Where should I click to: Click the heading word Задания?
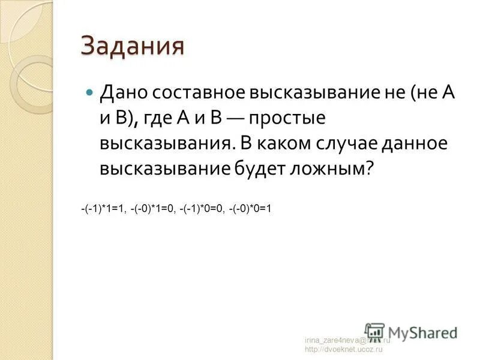[x=131, y=47]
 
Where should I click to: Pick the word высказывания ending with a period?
[x=167, y=144]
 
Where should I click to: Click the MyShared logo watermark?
[x=411, y=332]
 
